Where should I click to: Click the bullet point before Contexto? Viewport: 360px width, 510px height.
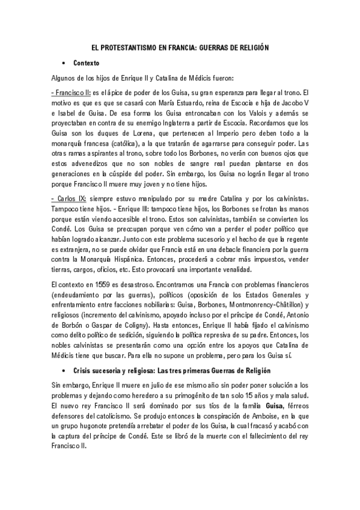tap(63, 63)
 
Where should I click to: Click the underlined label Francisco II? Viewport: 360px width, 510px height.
tap(71, 93)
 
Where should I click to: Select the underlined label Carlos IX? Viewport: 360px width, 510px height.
tap(69, 198)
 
